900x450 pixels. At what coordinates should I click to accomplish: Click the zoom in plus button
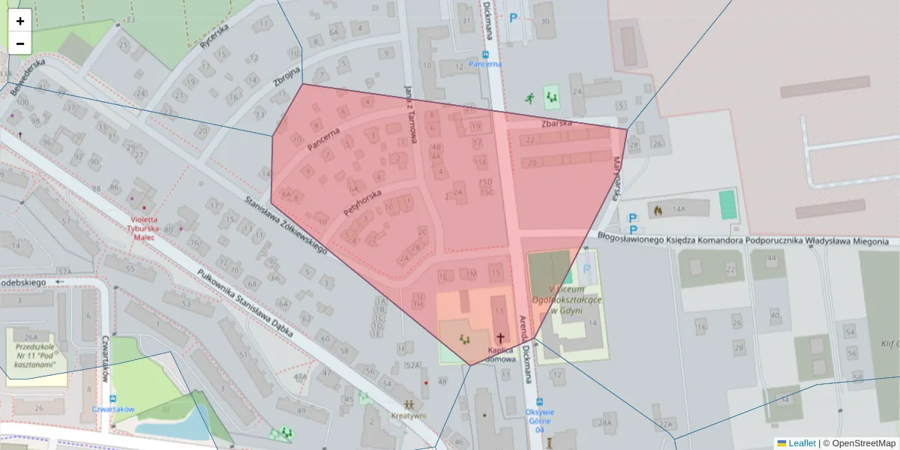pos(20,21)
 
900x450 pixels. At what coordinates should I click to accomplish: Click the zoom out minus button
pos(20,43)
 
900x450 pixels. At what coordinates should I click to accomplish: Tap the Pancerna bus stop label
pos(485,64)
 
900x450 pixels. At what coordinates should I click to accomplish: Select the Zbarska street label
pos(556,122)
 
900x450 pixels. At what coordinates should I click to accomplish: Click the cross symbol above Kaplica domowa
pos(499,338)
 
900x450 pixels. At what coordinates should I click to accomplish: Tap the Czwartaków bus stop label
pos(112,409)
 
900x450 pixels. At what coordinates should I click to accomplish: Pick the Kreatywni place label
pos(408,415)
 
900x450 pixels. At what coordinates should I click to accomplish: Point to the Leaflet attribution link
pos(802,443)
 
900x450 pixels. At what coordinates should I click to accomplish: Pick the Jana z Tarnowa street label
pos(409,113)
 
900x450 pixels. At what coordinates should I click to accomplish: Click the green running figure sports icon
pos(530,97)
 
